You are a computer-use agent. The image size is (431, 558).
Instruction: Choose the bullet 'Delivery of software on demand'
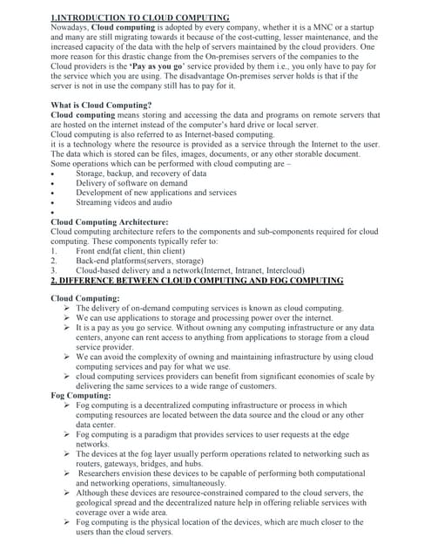(131, 183)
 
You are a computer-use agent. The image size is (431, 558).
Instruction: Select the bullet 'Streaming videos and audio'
(124, 202)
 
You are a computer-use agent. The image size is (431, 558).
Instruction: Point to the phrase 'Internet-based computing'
(225, 134)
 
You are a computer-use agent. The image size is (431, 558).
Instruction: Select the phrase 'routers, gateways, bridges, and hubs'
(149, 464)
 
